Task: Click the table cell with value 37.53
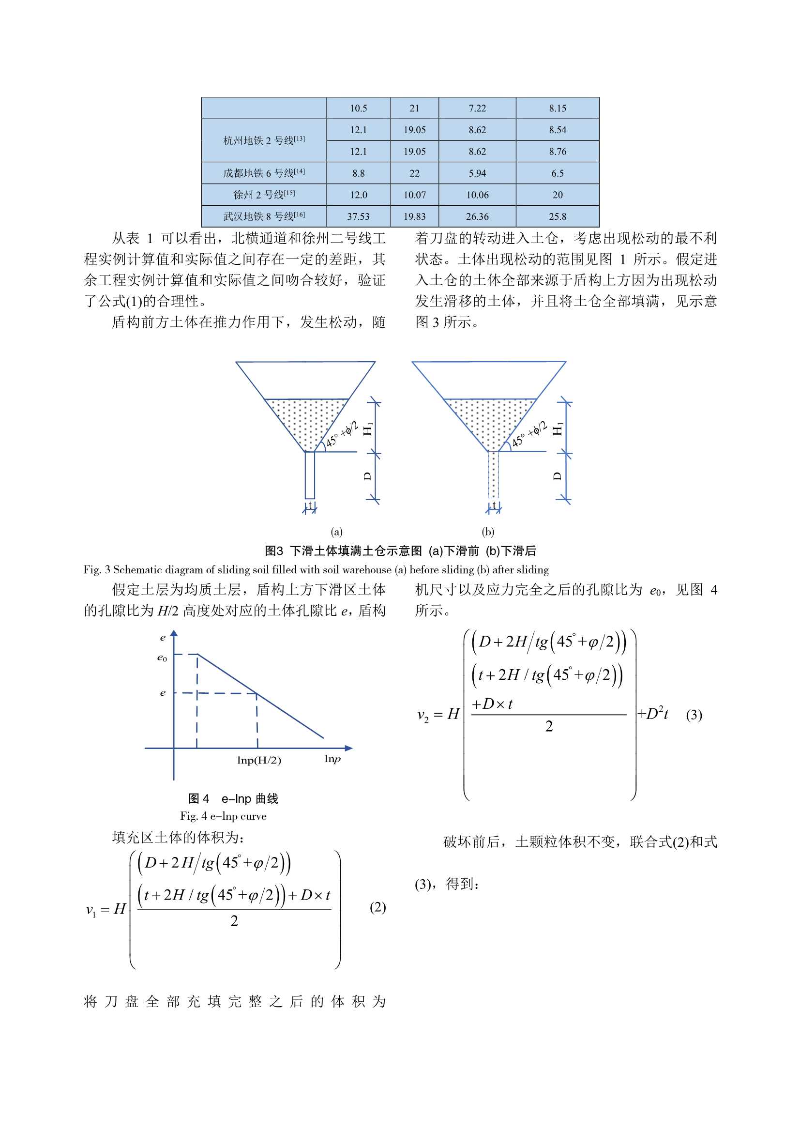pos(358,216)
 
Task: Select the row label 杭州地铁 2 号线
pos(264,140)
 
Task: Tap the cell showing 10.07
pos(415,195)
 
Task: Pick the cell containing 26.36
pos(477,216)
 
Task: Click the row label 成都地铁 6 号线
pos(264,173)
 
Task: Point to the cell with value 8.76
pos(558,152)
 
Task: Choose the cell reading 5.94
pos(477,173)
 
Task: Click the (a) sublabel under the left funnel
pos(337,532)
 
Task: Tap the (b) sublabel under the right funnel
pos(488,532)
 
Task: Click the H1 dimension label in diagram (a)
pos(368,428)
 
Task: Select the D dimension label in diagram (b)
pos(558,476)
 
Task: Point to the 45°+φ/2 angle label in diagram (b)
pos(529,434)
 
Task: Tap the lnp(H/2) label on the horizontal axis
pos(259,760)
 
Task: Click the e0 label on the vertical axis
pos(162,658)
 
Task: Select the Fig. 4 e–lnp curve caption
pos(223,816)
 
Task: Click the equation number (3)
pos(694,715)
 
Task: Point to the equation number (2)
pos(377,907)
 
